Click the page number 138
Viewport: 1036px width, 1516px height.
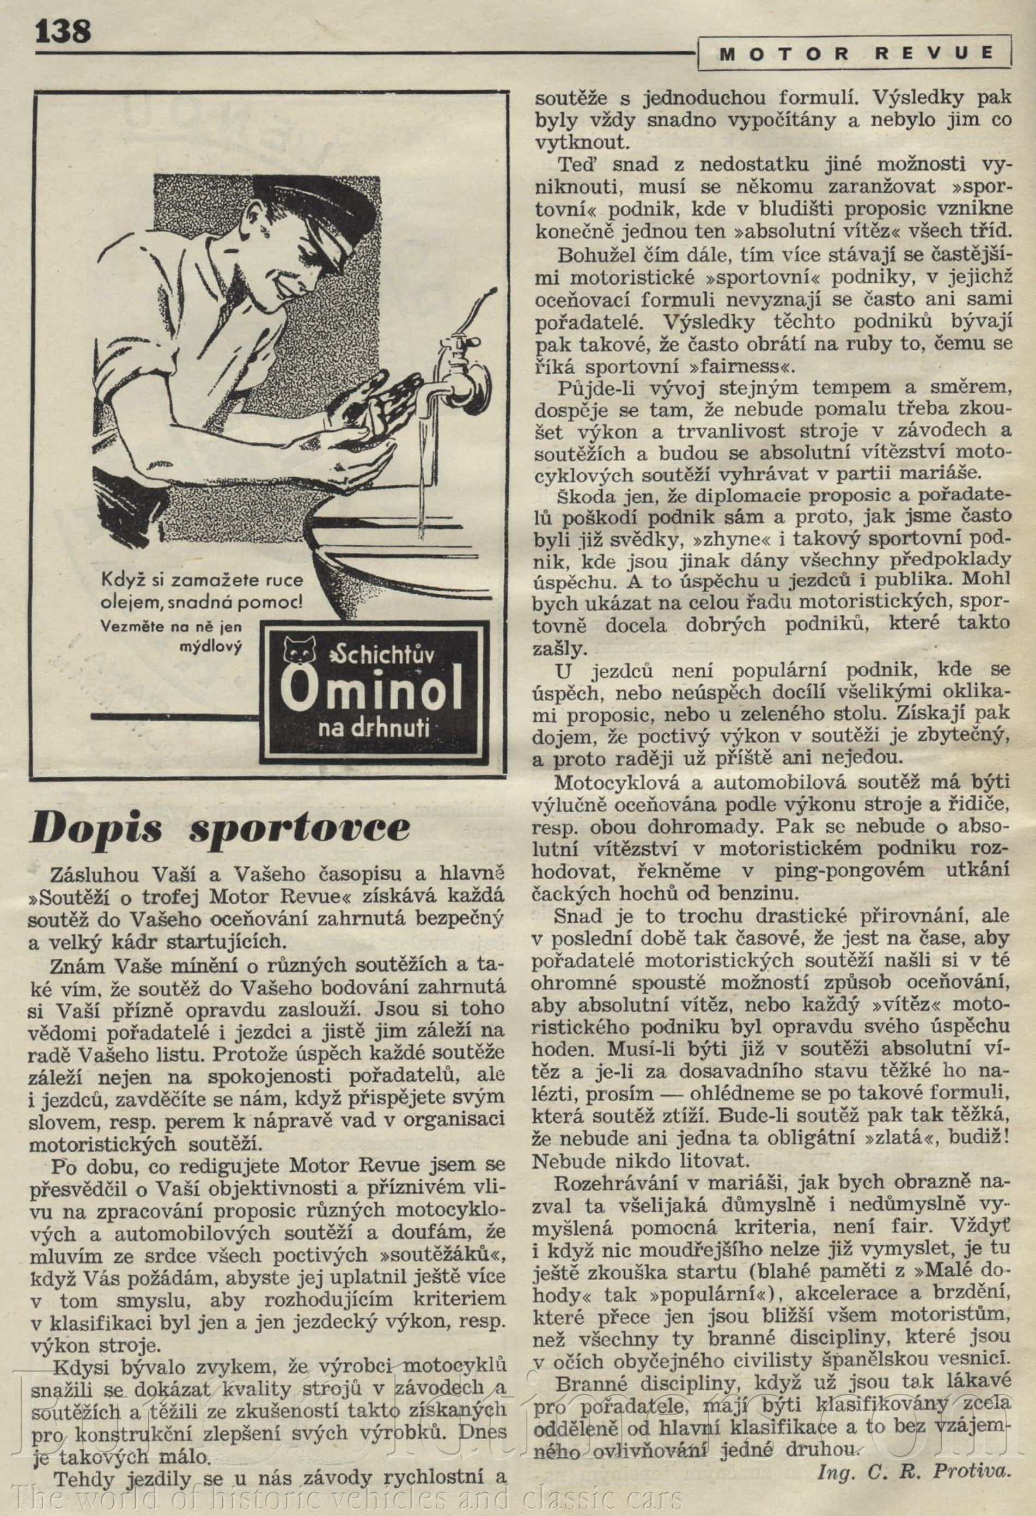(63, 31)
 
